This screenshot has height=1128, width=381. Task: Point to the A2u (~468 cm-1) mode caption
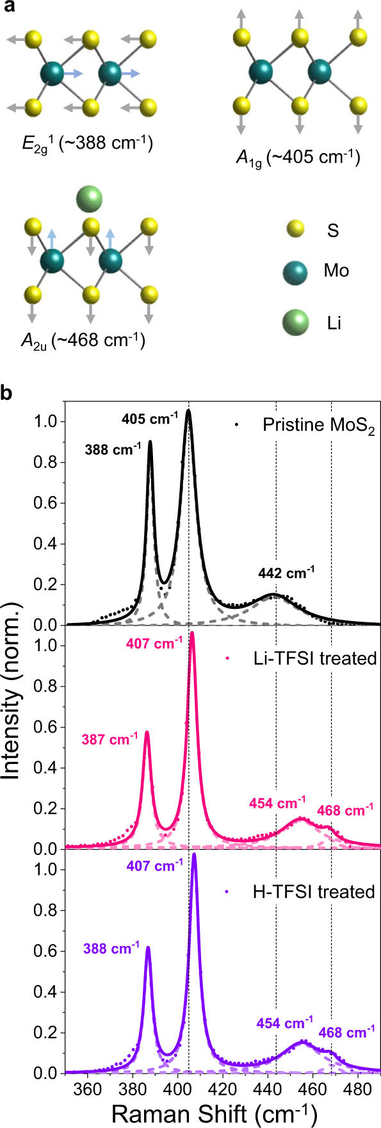tap(83, 340)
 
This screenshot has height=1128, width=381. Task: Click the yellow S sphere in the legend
tap(294, 229)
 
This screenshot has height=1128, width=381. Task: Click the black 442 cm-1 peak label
tap(286, 573)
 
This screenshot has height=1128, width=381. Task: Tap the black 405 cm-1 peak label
tap(150, 419)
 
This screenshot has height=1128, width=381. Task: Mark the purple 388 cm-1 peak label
tap(111, 948)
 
